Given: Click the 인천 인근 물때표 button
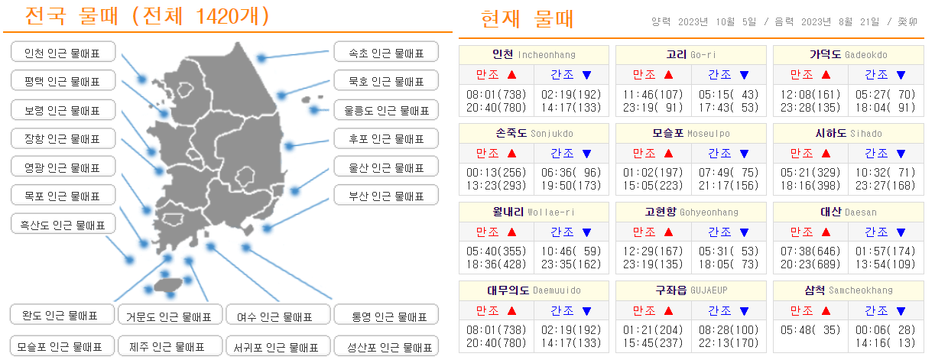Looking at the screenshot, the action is pyautogui.click(x=63, y=53).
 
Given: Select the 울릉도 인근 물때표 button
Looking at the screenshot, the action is pyautogui.click(x=386, y=110).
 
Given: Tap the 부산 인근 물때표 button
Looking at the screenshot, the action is pyautogui.click(x=386, y=196).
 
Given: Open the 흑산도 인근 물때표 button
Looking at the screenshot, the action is pyautogui.click(x=63, y=225).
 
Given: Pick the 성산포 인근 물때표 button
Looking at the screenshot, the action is pyautogui.click(x=386, y=346).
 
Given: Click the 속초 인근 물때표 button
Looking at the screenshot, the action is pyautogui.click(x=386, y=53).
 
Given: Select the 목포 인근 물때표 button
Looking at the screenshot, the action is pyautogui.click(x=63, y=196).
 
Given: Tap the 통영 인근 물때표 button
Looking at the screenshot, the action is pyautogui.click(x=386, y=316).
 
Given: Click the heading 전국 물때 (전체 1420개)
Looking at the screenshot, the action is pyautogui.click(x=148, y=16).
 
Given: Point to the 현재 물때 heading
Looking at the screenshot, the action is pyautogui.click(x=528, y=19).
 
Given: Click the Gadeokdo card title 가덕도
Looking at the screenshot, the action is pyautogui.click(x=825, y=54).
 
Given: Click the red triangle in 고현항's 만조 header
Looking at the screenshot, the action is pyautogui.click(x=669, y=232).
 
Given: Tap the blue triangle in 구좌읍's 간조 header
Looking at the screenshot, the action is pyautogui.click(x=743, y=310).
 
